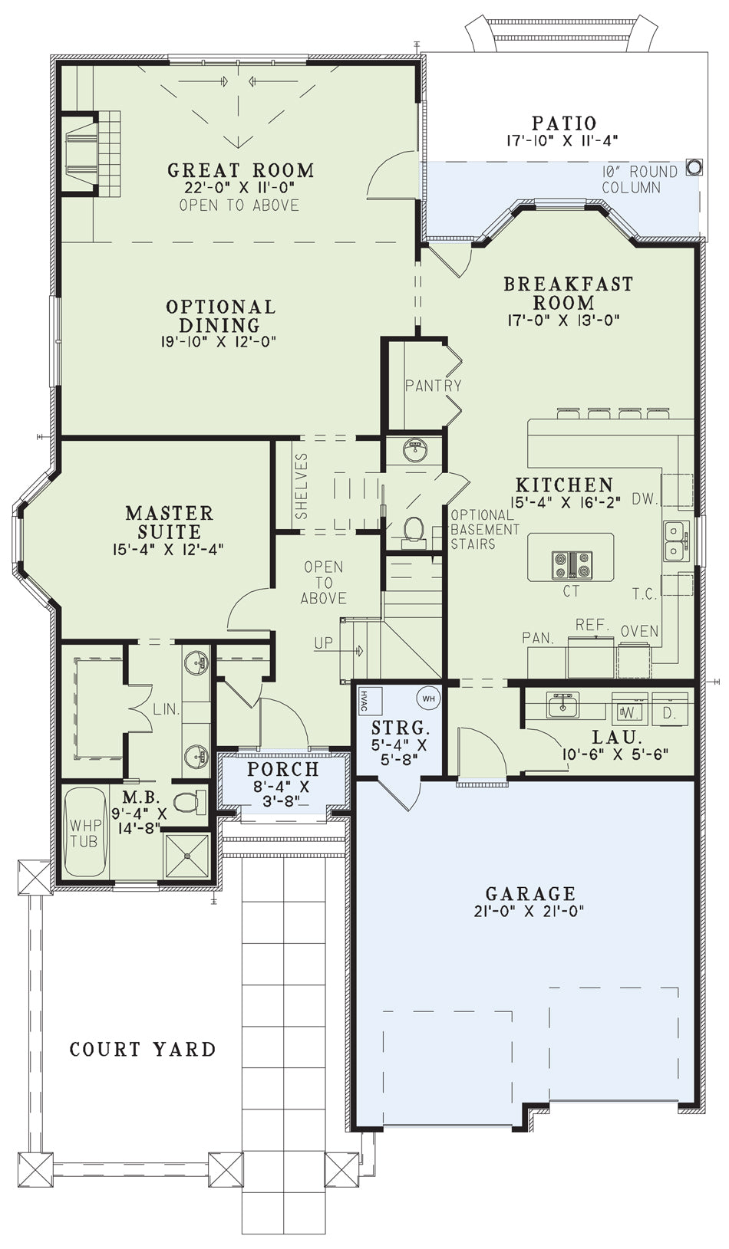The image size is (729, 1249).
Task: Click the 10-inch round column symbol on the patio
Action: coord(693,166)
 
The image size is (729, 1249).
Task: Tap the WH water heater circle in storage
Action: coord(428,698)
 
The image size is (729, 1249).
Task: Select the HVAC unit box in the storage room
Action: coord(370,700)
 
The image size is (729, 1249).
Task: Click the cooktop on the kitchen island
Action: coord(572,564)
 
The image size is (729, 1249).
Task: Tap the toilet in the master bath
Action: coord(190,802)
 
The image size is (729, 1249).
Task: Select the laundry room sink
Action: coord(562,705)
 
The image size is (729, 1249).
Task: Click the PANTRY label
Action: coord(433,386)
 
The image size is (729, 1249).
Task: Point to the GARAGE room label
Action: coord(530,893)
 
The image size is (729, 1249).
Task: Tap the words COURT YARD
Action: coord(143,1049)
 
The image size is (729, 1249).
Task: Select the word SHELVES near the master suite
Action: coord(302,485)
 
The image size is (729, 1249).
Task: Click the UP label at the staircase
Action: coord(323,643)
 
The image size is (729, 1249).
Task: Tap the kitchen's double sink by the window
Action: coord(678,541)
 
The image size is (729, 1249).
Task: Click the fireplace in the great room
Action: coord(79,152)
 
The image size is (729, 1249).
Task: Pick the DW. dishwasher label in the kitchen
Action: coord(645,500)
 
